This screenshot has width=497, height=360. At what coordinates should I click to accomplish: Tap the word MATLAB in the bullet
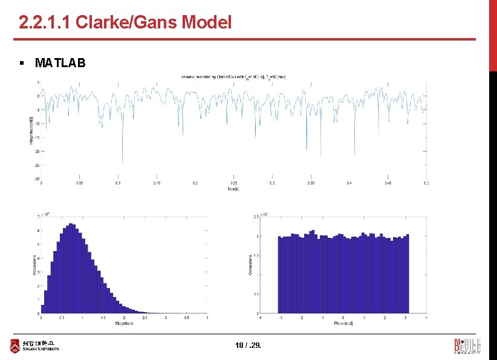point(60,62)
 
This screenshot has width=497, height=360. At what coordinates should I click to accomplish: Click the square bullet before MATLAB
point(21,62)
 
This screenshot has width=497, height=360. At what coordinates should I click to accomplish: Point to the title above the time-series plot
point(233,77)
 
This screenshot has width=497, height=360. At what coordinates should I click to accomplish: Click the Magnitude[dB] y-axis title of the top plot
point(31,130)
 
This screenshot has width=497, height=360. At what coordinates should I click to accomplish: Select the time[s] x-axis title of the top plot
point(233,189)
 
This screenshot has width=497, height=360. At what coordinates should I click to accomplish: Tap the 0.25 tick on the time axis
point(233,183)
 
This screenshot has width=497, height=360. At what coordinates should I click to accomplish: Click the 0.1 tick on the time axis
point(118,183)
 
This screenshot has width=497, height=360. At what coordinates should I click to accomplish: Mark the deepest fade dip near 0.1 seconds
point(122,161)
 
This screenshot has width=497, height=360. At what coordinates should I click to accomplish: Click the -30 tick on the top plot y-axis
point(37,179)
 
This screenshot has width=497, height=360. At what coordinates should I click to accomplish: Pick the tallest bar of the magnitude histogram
point(71,224)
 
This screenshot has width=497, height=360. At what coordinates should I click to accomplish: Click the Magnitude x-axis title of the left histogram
point(124,324)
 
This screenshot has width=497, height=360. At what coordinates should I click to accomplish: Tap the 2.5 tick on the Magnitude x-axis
point(145,318)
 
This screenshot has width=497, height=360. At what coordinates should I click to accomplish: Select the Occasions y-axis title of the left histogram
point(34,264)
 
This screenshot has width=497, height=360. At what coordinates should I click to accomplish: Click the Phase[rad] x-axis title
point(343,324)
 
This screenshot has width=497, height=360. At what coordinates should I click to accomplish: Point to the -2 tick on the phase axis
point(301,318)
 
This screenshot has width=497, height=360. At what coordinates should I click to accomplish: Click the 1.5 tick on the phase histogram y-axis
point(256,255)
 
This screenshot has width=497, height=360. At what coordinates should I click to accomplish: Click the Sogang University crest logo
point(15,346)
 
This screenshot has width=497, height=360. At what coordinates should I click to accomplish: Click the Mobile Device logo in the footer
point(467,345)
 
